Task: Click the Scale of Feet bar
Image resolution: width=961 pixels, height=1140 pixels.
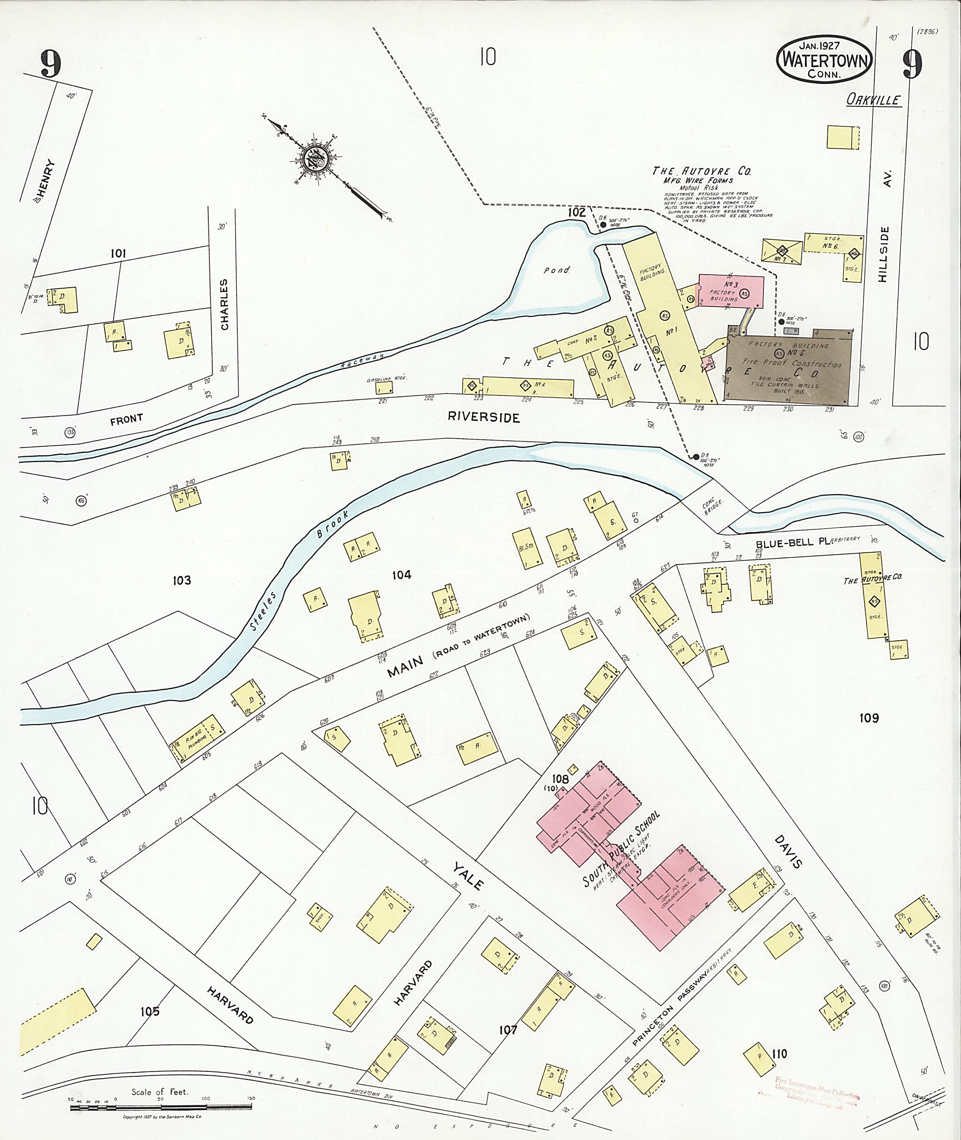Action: (160, 1108)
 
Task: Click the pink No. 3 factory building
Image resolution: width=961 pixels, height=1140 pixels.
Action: (730, 291)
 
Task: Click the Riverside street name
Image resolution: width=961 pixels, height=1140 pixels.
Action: (484, 417)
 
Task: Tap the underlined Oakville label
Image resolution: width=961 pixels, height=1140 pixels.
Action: (873, 99)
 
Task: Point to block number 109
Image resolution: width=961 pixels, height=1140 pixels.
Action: (869, 718)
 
